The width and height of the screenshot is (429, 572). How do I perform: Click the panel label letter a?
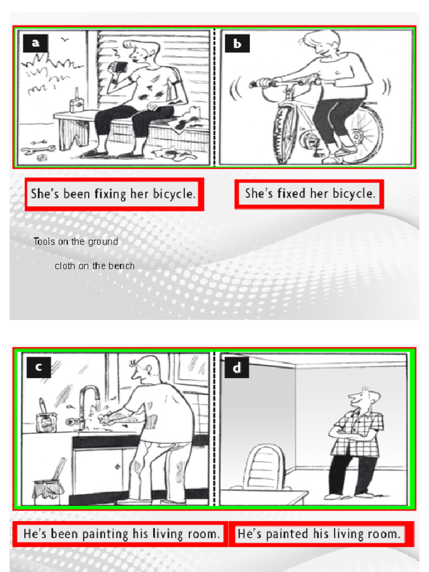click(35, 43)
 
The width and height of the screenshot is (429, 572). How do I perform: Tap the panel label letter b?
click(237, 44)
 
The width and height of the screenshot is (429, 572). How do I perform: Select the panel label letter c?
click(39, 367)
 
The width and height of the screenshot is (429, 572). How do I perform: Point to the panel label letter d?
click(237, 368)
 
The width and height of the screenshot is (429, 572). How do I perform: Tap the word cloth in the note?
click(65, 266)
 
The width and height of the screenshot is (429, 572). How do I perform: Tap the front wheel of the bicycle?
click(285, 134)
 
